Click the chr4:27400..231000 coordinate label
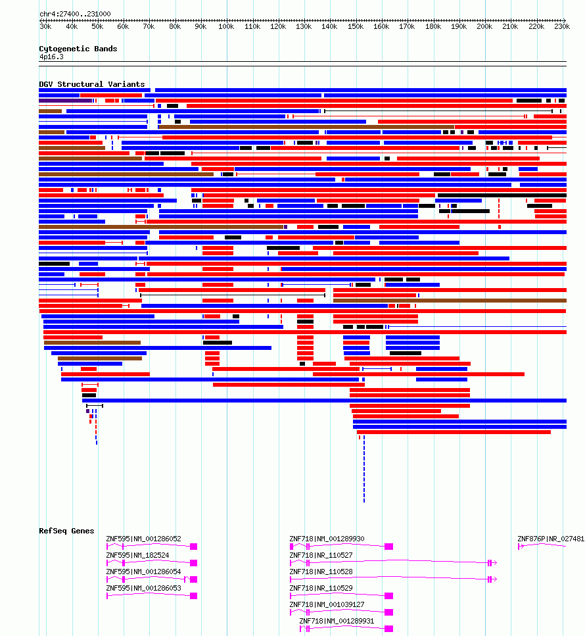pos(75,14)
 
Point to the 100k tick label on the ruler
pos(226,27)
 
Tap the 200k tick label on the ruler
pos(484,27)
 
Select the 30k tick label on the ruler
pos(45,27)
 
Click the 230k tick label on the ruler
pos(562,27)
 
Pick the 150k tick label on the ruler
pos(356,27)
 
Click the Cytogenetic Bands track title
pos(78,49)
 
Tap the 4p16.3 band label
pos(51,57)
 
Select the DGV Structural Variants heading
pos(91,84)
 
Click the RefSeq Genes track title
pos(66,531)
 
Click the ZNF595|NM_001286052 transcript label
pos(143,539)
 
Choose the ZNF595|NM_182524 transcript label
pos(137,555)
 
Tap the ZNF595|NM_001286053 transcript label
pos(143,588)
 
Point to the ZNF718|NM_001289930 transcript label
pos(327,539)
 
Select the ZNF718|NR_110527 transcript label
pos(321,555)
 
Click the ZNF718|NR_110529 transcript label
pos(321,588)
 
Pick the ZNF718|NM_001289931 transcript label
pos(337,621)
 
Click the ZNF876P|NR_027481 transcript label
pos(551,539)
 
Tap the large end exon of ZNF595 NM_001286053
pos(193,596)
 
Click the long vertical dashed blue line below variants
pos(364,469)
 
